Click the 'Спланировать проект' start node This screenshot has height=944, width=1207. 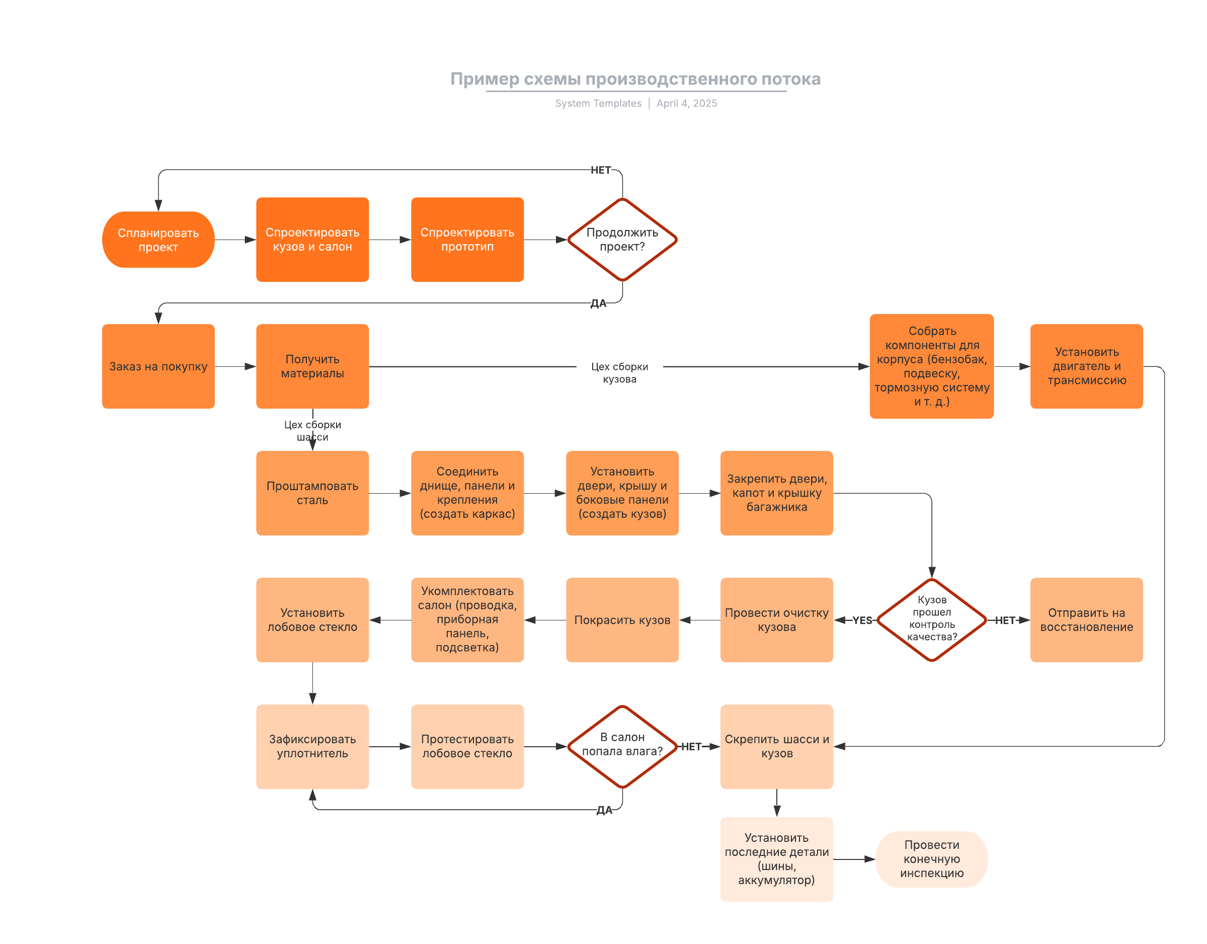pos(158,240)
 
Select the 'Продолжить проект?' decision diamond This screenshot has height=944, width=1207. pos(622,240)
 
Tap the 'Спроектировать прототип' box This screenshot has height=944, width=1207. pos(467,240)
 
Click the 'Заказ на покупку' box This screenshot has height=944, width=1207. pos(158,366)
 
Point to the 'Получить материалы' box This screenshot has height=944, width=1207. pos(312,366)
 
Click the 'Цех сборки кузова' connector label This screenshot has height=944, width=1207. pos(619,372)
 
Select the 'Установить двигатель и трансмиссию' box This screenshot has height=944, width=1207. pos(1087,366)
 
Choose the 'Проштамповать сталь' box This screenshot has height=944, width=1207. pos(312,493)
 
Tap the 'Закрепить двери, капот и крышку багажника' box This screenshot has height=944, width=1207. pos(776,493)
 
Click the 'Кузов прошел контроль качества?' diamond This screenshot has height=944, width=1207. pos(932,619)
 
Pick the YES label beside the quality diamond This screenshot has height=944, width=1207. pos(862,620)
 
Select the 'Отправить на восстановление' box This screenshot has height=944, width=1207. pos(1087,619)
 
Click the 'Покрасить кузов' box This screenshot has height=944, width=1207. pos(622,619)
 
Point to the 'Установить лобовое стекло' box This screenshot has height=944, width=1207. pos(312,619)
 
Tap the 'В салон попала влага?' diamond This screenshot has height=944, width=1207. pos(622,746)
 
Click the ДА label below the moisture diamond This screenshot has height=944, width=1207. pos(604,810)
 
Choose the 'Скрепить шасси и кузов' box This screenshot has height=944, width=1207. pos(776,746)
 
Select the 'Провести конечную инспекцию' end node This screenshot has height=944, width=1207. pos(932,859)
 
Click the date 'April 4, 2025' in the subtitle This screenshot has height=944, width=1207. pos(686,103)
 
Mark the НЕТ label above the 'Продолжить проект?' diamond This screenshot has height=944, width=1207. pos(601,170)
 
